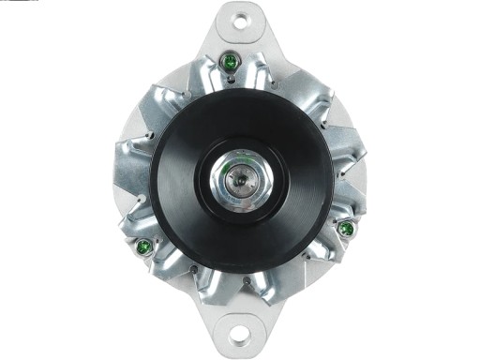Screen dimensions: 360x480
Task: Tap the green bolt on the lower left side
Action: coord(144,247)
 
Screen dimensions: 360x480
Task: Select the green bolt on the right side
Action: coord(346,229)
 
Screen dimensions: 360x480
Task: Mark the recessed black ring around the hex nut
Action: coord(239,150)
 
